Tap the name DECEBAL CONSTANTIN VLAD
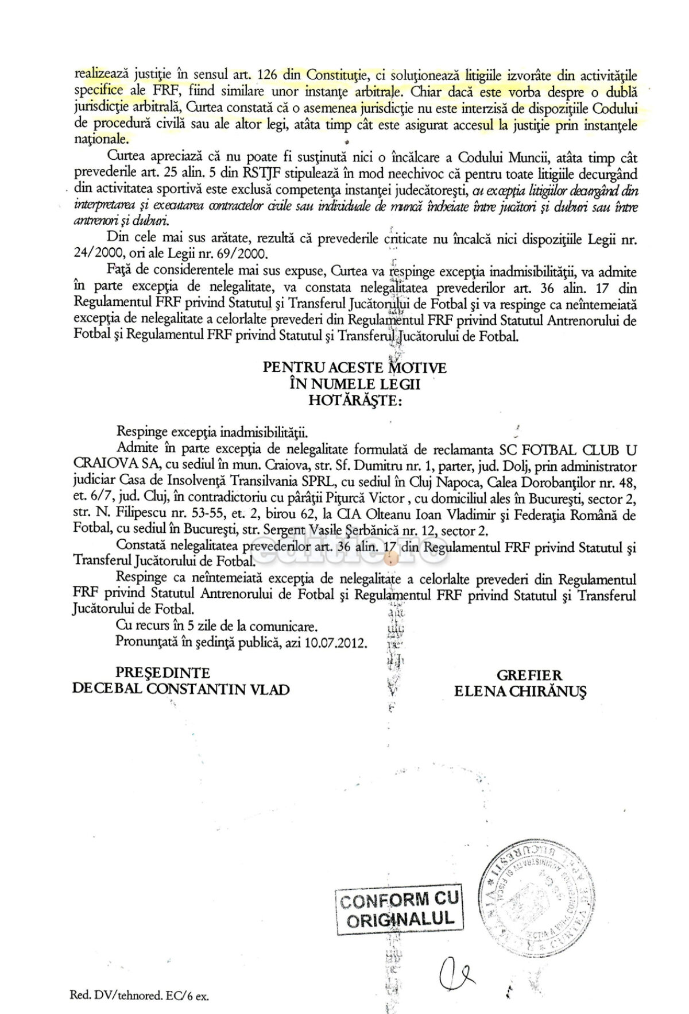pos(180,689)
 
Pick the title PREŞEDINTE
pos(164,673)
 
